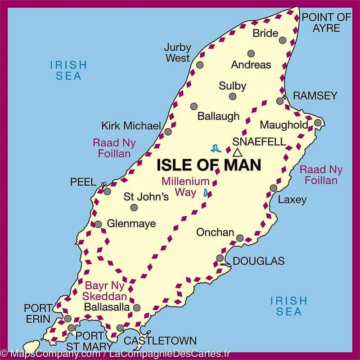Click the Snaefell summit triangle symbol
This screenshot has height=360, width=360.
237,152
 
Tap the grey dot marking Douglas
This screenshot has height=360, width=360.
220,258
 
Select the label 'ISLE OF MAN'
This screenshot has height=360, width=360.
209,165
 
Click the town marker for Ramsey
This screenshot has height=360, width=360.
280,101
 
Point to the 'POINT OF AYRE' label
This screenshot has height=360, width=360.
326,23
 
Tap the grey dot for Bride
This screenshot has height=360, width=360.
283,40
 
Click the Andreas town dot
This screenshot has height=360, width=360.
251,54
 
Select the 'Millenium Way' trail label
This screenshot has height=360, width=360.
186,187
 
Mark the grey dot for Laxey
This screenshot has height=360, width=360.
274,188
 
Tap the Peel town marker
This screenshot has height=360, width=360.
107,191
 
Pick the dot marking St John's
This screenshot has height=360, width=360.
134,207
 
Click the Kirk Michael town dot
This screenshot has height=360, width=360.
168,132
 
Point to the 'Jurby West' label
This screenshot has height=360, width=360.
177,53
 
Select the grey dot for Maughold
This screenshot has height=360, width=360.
317,122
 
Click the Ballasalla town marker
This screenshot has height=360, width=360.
137,308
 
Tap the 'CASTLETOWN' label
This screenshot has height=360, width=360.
160,341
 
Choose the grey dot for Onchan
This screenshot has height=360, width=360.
240,238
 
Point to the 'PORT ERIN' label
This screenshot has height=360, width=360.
38,313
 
